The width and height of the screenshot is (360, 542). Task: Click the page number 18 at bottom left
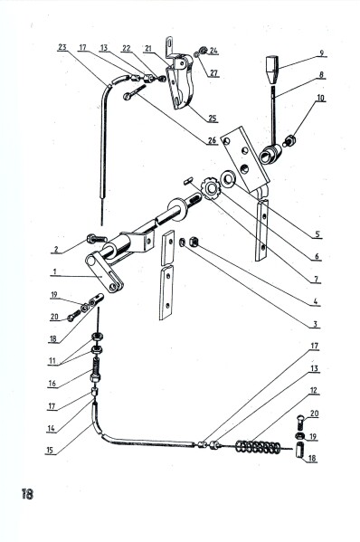point(27,494)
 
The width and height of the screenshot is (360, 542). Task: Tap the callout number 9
point(321,52)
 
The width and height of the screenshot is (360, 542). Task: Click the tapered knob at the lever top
point(272,69)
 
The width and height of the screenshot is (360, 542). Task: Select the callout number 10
point(320,98)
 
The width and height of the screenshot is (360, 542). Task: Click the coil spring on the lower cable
point(258,447)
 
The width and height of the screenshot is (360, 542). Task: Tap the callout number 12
point(313,391)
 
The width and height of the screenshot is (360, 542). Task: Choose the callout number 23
point(62,47)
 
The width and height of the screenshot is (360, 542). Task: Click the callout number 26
point(213,140)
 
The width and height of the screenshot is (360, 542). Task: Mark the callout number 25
point(213,119)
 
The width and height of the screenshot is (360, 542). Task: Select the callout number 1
point(54,271)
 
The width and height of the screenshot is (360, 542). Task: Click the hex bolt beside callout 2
point(97,239)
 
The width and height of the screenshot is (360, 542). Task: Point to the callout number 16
point(52,384)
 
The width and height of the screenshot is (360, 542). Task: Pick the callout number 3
point(315,324)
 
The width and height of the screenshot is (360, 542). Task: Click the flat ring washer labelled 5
point(228,179)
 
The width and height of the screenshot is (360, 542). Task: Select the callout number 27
point(213,73)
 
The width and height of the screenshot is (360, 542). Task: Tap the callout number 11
point(52,361)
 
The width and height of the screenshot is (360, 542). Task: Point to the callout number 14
point(51,428)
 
